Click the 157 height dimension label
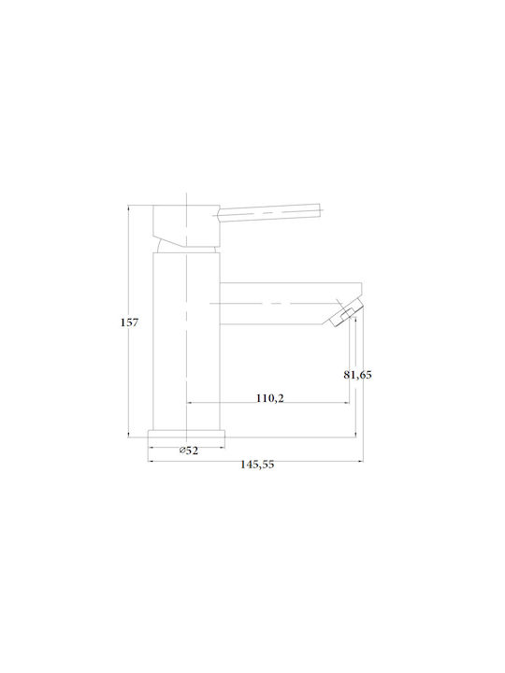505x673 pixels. click(x=129, y=322)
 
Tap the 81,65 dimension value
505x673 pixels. click(x=357, y=375)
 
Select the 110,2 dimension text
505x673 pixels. click(x=270, y=398)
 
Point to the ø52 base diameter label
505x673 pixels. click(x=189, y=451)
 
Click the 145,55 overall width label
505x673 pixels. click(x=257, y=465)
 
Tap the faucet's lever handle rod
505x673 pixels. click(x=269, y=212)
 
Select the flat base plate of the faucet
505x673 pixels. click(x=186, y=434)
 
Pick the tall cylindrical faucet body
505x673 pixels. click(x=186, y=341)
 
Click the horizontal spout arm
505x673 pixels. click(x=291, y=304)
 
